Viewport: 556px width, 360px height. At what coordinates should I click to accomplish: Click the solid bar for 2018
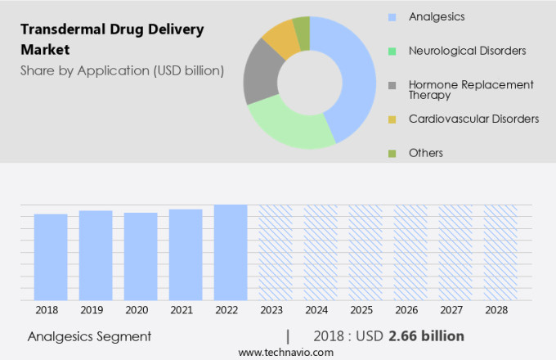51,257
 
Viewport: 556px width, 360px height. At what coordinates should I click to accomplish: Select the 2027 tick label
455,311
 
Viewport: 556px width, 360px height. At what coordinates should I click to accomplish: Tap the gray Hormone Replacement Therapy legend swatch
392,84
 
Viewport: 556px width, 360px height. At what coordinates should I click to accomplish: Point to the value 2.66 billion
426,336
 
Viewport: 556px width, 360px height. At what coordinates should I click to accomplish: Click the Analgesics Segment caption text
89,336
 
